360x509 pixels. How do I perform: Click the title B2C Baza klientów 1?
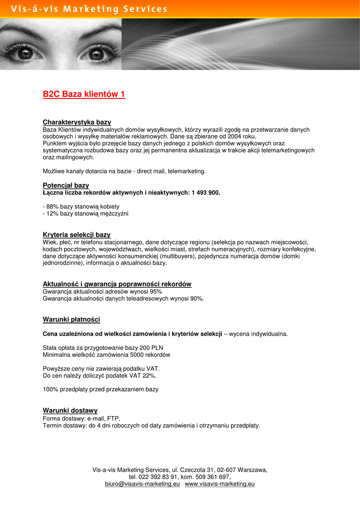click(x=84, y=94)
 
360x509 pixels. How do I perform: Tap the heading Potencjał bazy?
click(x=66, y=185)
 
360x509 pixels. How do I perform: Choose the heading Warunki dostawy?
click(x=70, y=411)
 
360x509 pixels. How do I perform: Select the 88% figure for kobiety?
click(x=52, y=206)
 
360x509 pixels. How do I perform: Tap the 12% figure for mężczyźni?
click(x=52, y=213)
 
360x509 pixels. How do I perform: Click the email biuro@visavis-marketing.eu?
click(x=142, y=484)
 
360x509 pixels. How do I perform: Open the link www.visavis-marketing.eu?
click(x=220, y=484)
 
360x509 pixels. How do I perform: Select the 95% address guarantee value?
click(x=156, y=292)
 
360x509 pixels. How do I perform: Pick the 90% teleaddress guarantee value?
click(x=196, y=299)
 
